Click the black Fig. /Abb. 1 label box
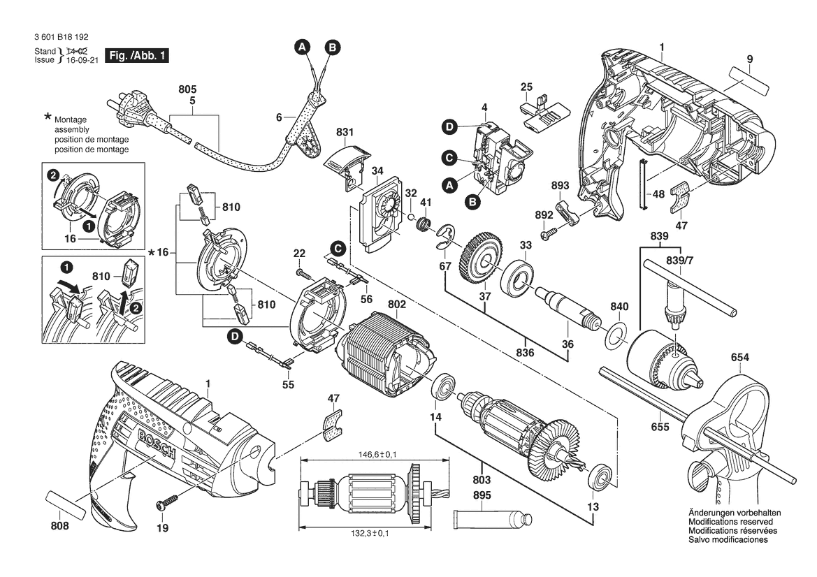click(x=136, y=55)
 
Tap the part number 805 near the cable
click(x=187, y=90)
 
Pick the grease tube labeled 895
click(x=493, y=520)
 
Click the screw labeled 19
click(x=166, y=502)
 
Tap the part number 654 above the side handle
click(x=740, y=358)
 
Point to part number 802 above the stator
click(x=396, y=305)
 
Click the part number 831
click(x=345, y=131)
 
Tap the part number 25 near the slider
click(x=526, y=87)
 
